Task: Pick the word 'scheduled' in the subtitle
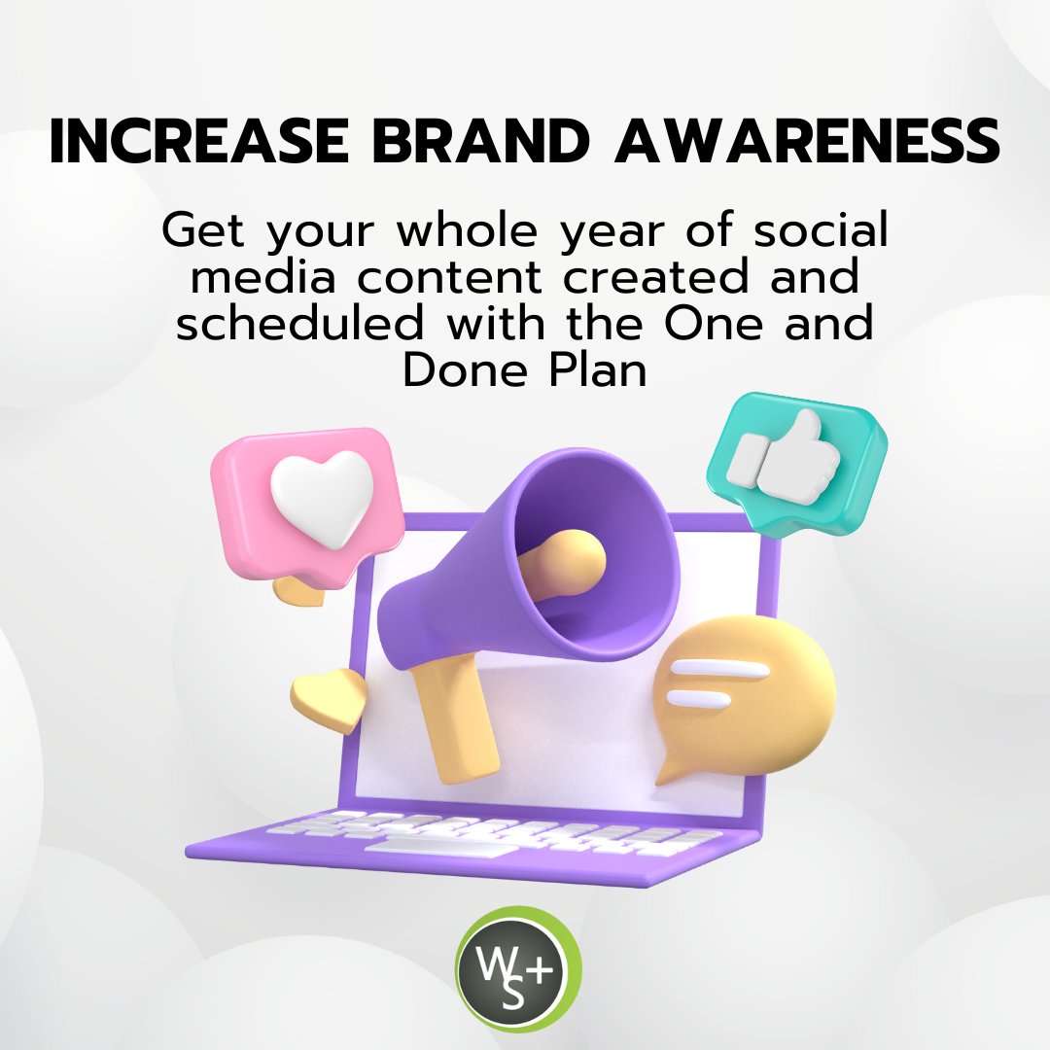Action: [301, 323]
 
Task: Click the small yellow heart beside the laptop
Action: [328, 699]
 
